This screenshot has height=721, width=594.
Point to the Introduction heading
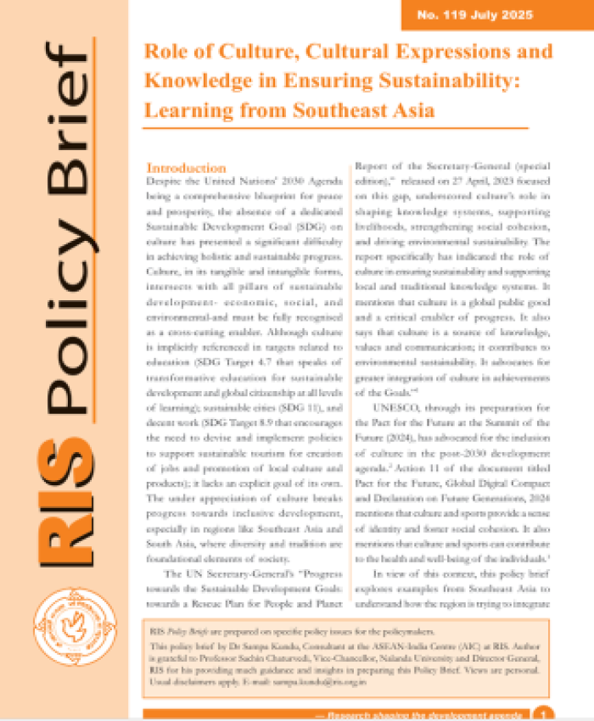tap(186, 168)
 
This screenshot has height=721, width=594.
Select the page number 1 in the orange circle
tap(542, 714)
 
